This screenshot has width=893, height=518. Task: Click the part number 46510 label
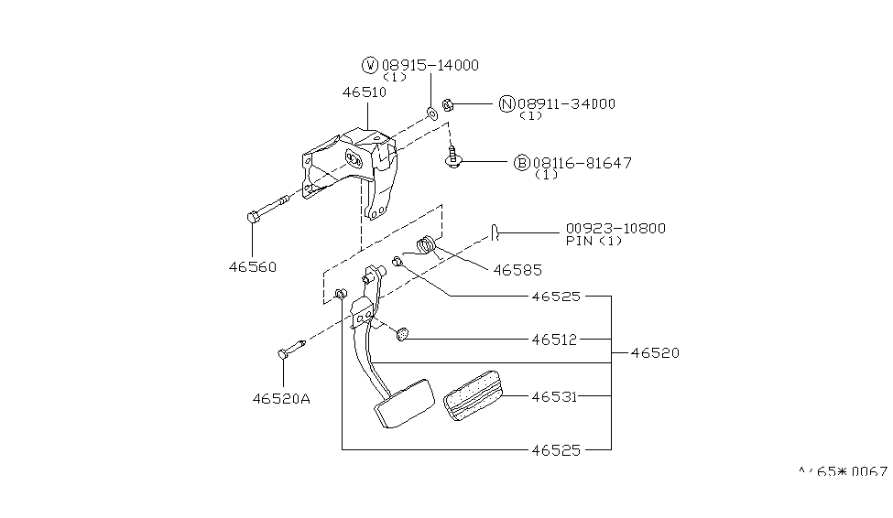tap(365, 92)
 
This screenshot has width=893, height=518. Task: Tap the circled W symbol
tap(370, 65)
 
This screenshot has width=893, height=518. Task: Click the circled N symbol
tap(506, 103)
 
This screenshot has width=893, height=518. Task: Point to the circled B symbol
tap(521, 163)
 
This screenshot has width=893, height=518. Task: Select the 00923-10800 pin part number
tap(615, 228)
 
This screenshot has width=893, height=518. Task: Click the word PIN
tap(579, 241)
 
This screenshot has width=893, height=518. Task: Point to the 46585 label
tap(517, 270)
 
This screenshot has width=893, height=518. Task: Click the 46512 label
tap(554, 339)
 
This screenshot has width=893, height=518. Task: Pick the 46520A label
tap(282, 398)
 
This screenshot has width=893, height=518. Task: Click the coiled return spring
tap(426, 245)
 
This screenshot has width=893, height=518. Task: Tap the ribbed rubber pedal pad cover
tap(473, 394)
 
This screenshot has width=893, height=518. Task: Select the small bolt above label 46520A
tap(290, 348)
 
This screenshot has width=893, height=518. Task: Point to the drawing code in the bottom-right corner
tap(843, 472)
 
